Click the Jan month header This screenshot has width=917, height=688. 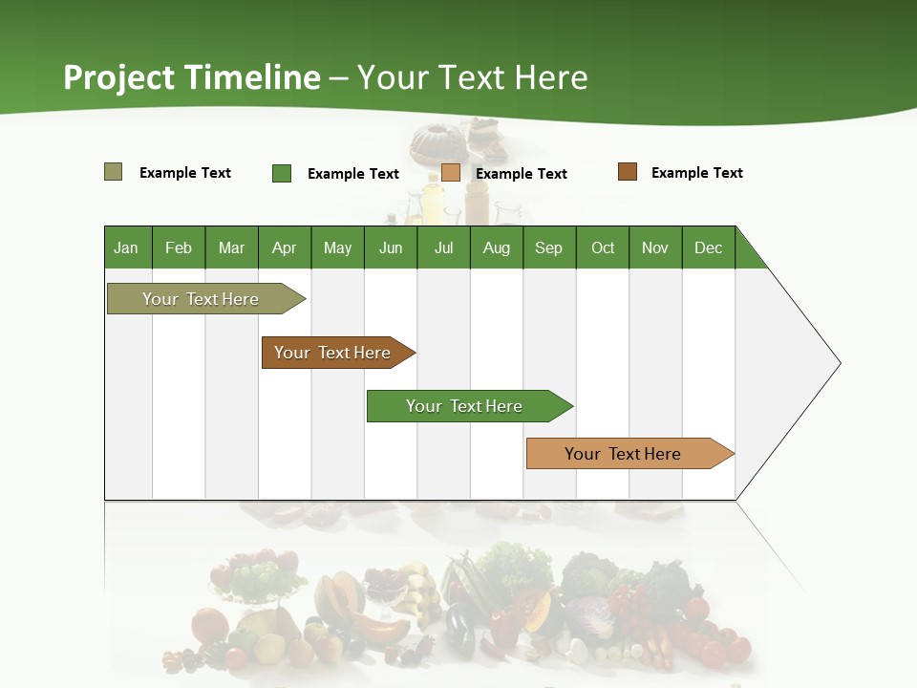point(127,247)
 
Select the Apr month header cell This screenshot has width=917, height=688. point(285,247)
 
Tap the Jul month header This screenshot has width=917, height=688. point(444,247)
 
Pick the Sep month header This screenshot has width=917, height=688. point(549,247)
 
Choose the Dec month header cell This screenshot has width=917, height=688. point(709,247)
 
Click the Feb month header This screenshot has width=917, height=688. point(179,247)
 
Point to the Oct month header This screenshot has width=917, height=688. point(603,247)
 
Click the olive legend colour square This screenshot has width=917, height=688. point(114,172)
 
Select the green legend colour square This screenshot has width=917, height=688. point(282,173)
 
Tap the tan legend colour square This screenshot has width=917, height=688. point(451,173)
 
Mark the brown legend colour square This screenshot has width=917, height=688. point(628,172)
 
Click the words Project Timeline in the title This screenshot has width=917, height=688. point(191,77)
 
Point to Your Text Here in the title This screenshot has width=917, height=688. point(473,77)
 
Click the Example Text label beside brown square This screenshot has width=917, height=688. point(696,173)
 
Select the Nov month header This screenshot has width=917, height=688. point(655,247)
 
